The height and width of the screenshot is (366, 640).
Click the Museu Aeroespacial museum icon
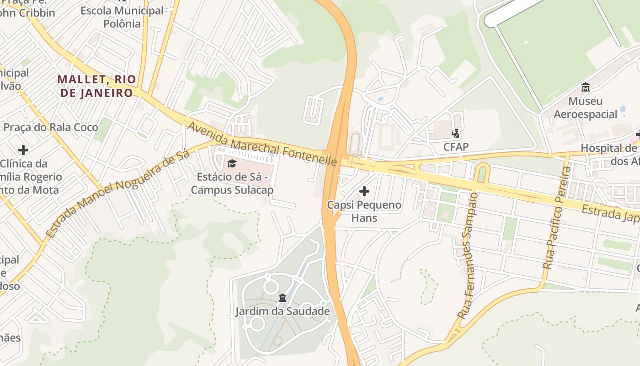(585, 87)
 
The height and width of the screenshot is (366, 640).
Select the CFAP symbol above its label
(455, 133)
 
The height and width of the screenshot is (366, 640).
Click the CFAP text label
(456, 147)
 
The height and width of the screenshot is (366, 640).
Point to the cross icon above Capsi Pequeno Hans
(364, 191)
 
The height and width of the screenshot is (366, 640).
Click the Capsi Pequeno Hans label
(364, 211)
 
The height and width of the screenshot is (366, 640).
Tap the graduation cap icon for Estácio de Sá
(232, 163)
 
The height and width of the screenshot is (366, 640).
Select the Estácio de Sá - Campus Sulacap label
(232, 183)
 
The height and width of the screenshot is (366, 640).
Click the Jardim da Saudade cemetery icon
(282, 298)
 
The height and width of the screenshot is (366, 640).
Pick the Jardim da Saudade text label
(282, 312)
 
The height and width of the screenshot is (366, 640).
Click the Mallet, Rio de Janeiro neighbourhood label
(96, 86)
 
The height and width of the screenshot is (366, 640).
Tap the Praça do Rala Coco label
(51, 127)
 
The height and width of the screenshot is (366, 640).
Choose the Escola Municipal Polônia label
(122, 17)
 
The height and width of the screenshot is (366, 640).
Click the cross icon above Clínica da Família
(23, 150)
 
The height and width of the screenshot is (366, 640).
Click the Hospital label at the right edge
(610, 155)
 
